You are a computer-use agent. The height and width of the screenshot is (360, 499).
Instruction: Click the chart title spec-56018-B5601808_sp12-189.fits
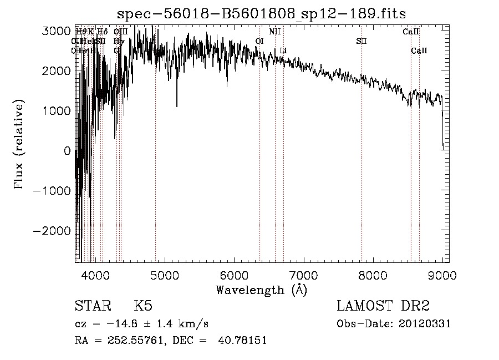click(x=266, y=13)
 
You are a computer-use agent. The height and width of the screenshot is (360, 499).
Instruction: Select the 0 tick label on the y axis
click(x=67, y=151)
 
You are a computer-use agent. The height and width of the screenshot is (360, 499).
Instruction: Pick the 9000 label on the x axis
click(x=442, y=275)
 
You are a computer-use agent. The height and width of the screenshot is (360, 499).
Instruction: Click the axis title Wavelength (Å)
click(x=261, y=290)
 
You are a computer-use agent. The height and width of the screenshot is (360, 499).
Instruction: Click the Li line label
click(x=283, y=51)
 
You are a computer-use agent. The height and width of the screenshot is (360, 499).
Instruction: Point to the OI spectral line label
click(x=259, y=41)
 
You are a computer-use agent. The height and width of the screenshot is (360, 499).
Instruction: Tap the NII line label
click(x=274, y=32)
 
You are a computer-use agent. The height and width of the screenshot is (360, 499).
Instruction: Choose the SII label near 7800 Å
click(x=361, y=41)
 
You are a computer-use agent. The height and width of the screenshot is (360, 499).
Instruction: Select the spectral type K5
click(x=143, y=306)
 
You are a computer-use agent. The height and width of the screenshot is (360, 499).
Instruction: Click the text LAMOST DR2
click(x=383, y=306)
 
